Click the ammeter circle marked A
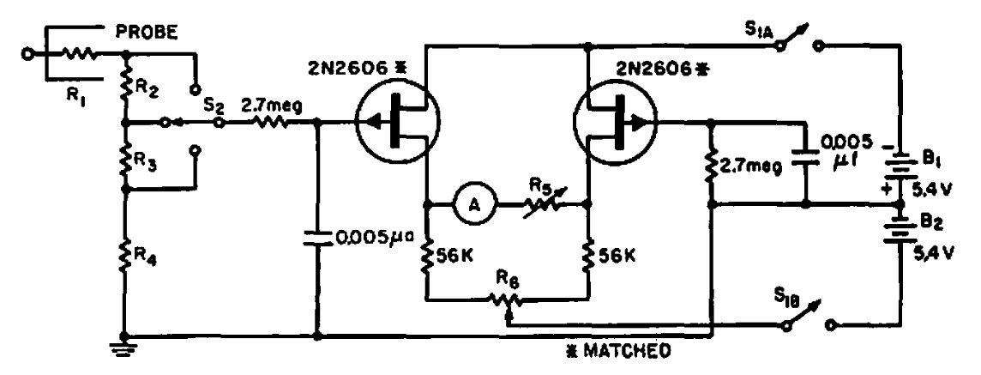point(473,204)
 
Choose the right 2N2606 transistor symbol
point(616,123)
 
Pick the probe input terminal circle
point(27,54)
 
